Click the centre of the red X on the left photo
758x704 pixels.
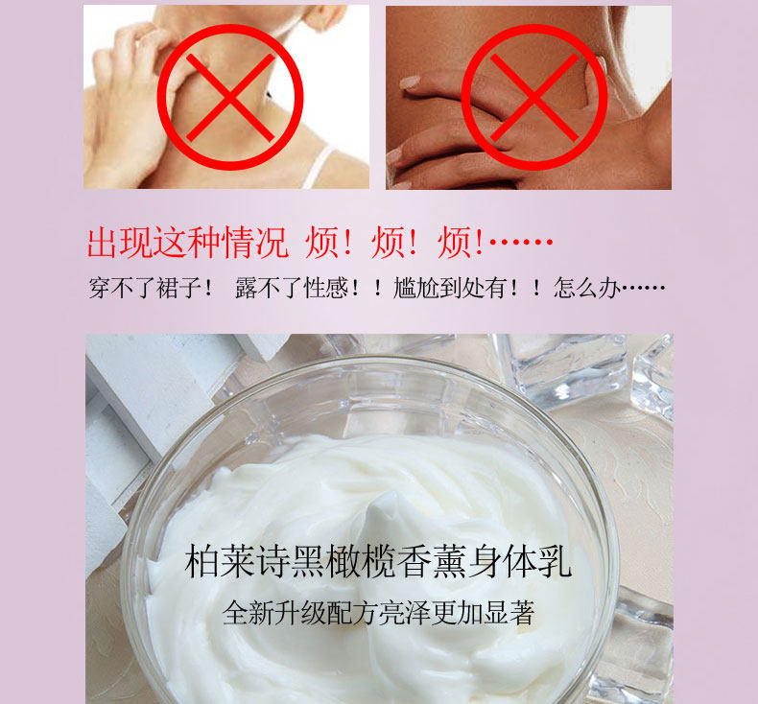pyautogui.click(x=230, y=98)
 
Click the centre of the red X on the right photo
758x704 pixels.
pyautogui.click(x=534, y=98)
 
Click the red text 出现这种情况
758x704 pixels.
pyautogui.click(x=188, y=242)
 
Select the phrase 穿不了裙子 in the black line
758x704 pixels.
pyautogui.click(x=145, y=288)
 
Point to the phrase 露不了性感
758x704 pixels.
pyautogui.click(x=292, y=288)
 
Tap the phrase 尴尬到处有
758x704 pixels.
pyautogui.click(x=450, y=288)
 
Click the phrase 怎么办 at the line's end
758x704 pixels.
pyautogui.click(x=587, y=288)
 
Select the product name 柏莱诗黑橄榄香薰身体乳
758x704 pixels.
pyautogui.click(x=378, y=561)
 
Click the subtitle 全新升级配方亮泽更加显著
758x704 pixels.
pyautogui.click(x=378, y=613)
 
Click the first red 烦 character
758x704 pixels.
pyautogui.click(x=322, y=242)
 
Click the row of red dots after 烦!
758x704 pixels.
pyautogui.click(x=521, y=241)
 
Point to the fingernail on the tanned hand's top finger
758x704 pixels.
pyautogui.click(x=410, y=82)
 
